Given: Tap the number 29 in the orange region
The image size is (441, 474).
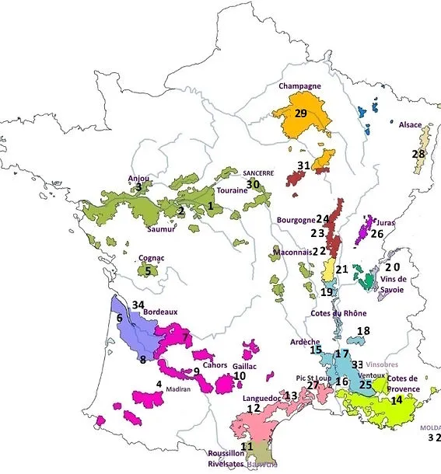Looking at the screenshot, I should tap(301, 113).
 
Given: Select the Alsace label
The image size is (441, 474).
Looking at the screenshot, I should tap(410, 124).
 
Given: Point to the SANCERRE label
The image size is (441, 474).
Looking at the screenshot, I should tap(257, 174).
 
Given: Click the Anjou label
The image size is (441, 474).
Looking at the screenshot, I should tap(138, 177).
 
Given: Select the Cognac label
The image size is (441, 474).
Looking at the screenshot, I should tap(149, 257).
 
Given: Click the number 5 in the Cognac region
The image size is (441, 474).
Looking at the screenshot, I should tap(148, 271).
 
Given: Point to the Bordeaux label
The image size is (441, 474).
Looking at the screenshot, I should tap(160, 312).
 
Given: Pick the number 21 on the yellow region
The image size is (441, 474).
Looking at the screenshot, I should tap(341, 269).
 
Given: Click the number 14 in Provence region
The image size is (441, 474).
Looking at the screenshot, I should tap(397, 399).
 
